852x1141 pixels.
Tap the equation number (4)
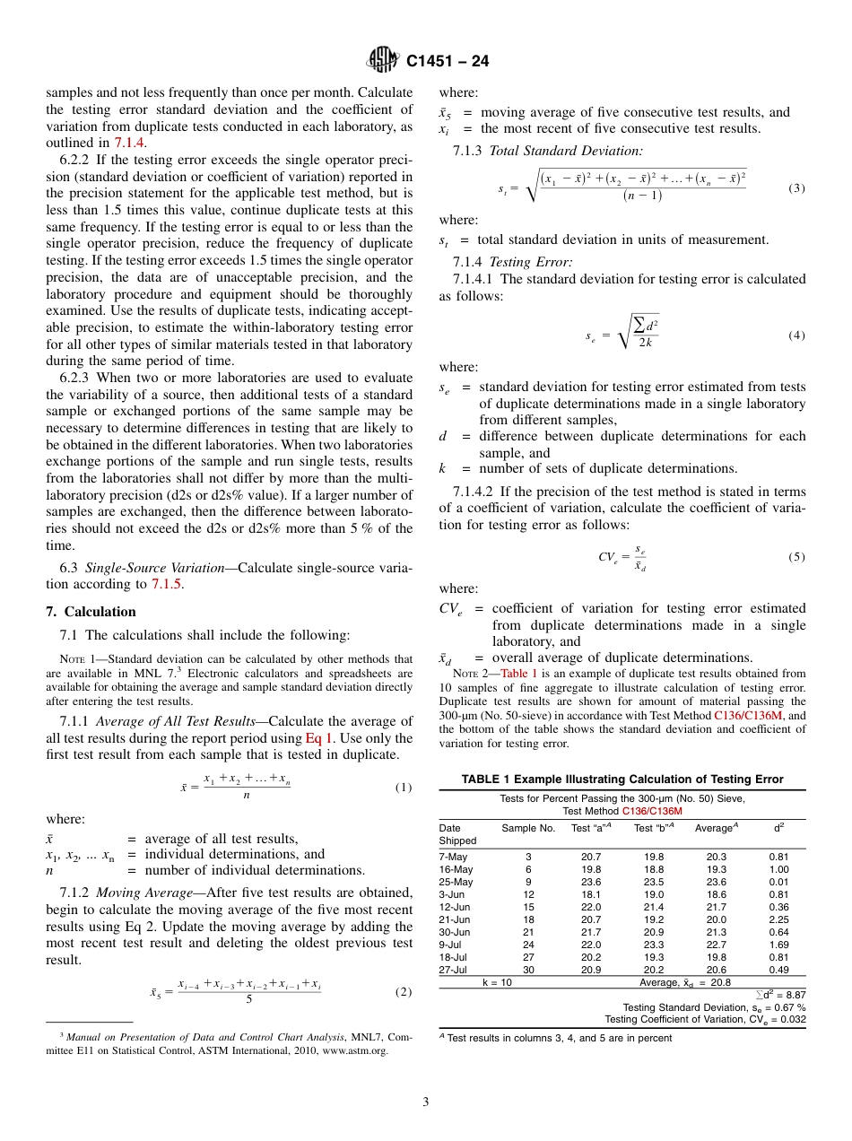pyautogui.click(x=796, y=335)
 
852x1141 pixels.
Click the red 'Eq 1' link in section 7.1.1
pyautogui.click(x=320, y=738)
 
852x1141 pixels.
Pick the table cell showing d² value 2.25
pyautogui.click(x=778, y=918)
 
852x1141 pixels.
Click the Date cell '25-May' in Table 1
pyautogui.click(x=456, y=881)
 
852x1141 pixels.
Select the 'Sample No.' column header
pyautogui.click(x=528, y=827)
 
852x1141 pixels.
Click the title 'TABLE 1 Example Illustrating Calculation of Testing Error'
pyautogui.click(x=622, y=779)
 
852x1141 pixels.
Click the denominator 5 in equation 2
pyautogui.click(x=248, y=999)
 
